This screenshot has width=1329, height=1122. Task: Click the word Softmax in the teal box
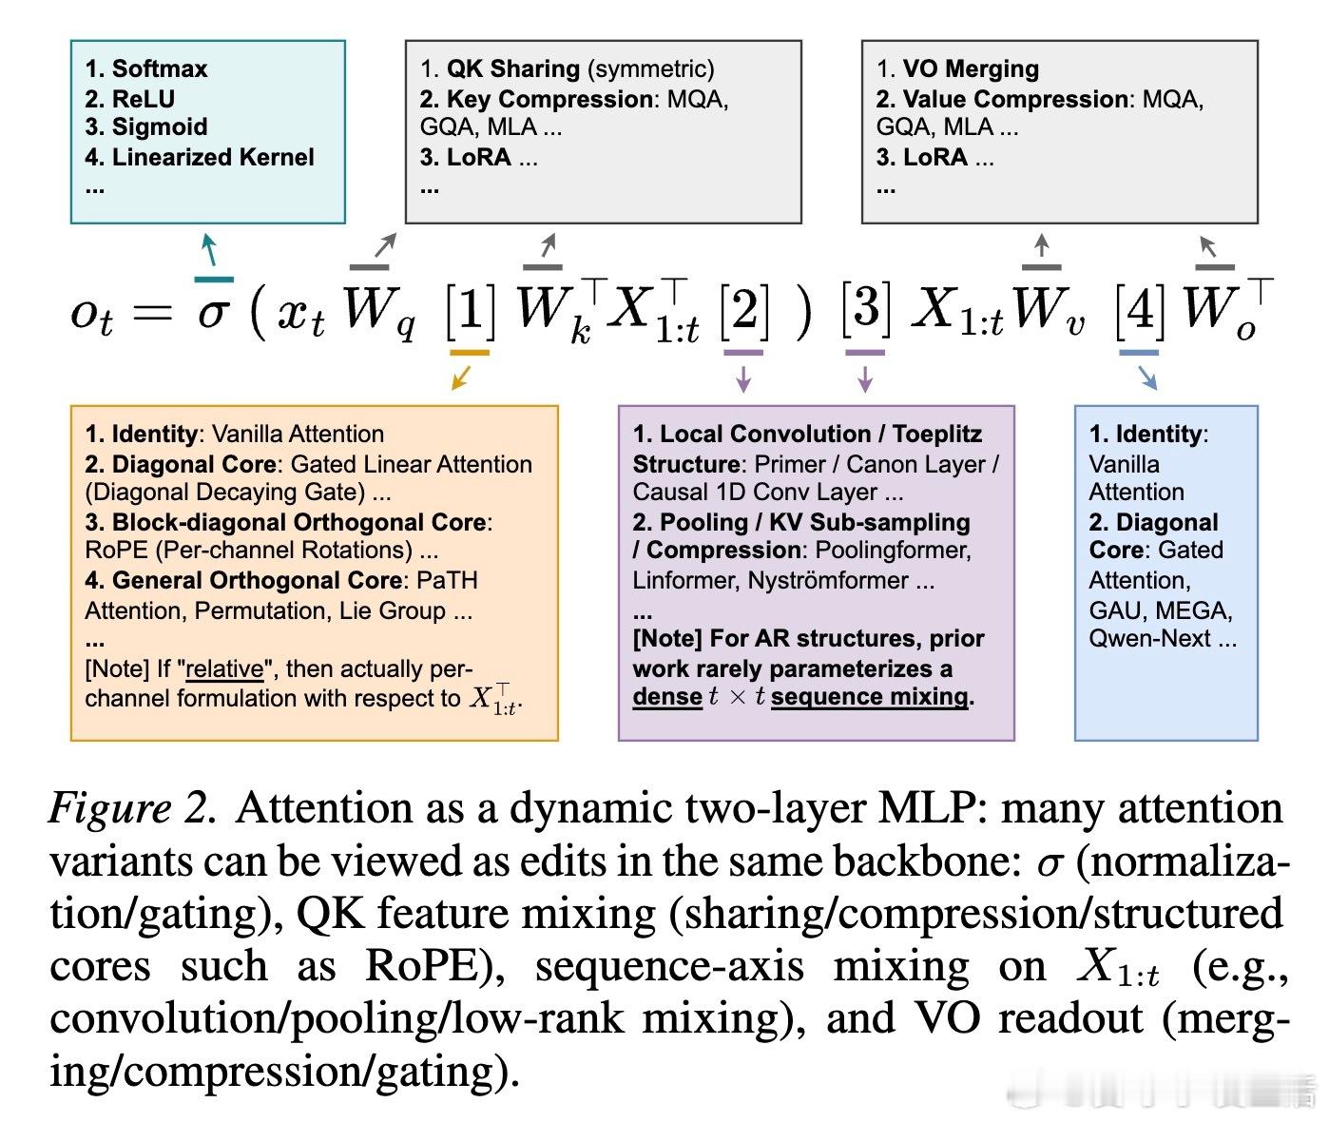click(159, 68)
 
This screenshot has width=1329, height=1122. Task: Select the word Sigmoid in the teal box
click(160, 126)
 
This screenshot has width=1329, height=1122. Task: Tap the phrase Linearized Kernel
click(213, 157)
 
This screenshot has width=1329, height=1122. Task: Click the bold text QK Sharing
click(513, 68)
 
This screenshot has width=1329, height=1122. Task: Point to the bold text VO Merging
click(971, 68)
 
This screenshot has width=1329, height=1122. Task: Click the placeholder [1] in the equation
click(470, 310)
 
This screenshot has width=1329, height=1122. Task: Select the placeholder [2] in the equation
click(743, 310)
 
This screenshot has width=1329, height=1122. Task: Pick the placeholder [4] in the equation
click(1140, 310)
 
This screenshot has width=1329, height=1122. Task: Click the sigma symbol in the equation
click(213, 313)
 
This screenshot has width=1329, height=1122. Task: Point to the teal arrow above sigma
click(209, 249)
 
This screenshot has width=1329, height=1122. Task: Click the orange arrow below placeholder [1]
click(461, 377)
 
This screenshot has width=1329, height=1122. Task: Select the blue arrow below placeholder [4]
click(1147, 377)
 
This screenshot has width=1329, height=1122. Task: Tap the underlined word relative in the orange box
click(224, 668)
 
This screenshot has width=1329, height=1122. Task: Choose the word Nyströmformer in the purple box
click(827, 580)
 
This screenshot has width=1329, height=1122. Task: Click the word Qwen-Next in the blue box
click(1149, 638)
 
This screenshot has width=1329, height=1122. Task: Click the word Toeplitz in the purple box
click(937, 434)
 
